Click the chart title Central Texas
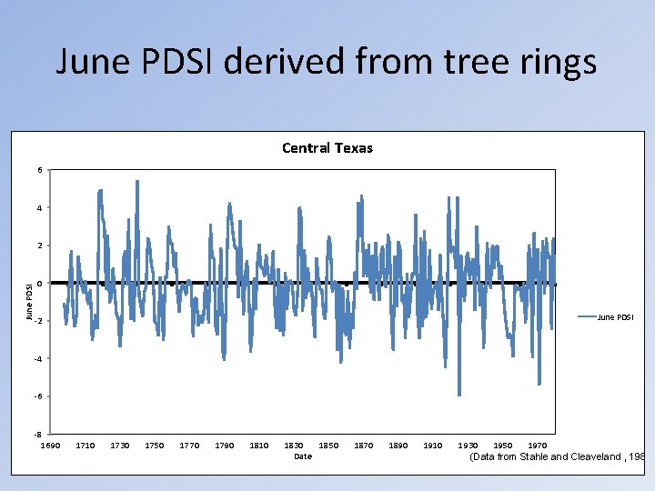pyautogui.click(x=327, y=148)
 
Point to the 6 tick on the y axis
pyautogui.click(x=38, y=170)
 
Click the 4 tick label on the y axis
pyautogui.click(x=38, y=208)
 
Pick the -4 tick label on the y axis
pyautogui.click(x=36, y=359)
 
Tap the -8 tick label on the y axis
pyautogui.click(x=36, y=435)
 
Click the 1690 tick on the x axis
pyautogui.click(x=50, y=446)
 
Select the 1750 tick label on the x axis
pyautogui.click(x=155, y=446)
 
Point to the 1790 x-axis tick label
pyautogui.click(x=224, y=446)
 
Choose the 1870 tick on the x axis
pyautogui.click(x=364, y=446)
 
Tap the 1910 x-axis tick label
pyautogui.click(x=433, y=446)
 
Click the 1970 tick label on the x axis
pyautogui.click(x=538, y=446)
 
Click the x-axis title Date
pyautogui.click(x=303, y=456)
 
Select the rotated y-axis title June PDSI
pyautogui.click(x=29, y=302)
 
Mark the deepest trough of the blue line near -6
pyautogui.click(x=459, y=395)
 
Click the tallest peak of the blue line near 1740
pyautogui.click(x=137, y=181)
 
